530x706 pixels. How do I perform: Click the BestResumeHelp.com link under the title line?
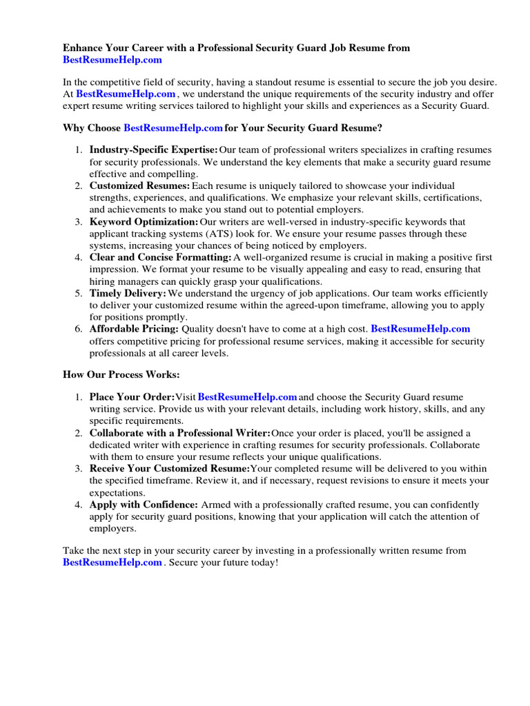[x=112, y=60]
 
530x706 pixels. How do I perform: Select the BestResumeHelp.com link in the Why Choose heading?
[x=173, y=128]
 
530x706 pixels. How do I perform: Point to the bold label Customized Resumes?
[x=139, y=185]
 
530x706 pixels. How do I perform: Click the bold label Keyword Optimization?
[x=144, y=221]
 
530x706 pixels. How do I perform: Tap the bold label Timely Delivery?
[x=128, y=293]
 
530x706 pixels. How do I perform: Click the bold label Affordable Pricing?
[x=134, y=329]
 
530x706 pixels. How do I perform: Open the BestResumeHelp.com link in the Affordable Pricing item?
[x=420, y=329]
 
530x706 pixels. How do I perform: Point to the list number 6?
[x=79, y=329]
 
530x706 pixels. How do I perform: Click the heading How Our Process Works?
[x=121, y=374]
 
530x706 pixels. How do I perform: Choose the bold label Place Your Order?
[x=132, y=397]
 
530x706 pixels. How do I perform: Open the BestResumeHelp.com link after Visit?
[x=247, y=397]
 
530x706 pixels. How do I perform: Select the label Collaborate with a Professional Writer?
[x=179, y=433]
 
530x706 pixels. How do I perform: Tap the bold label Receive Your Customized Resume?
[x=169, y=469]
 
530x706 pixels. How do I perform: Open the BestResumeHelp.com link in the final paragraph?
[x=112, y=563]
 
